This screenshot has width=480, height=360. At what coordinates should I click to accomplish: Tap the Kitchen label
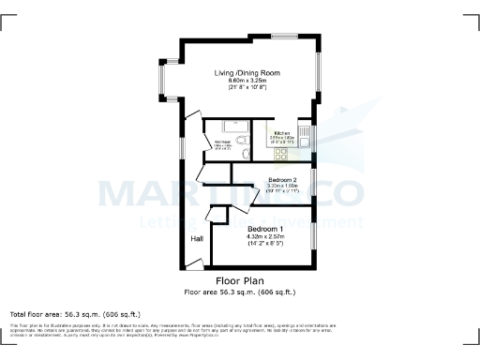280,134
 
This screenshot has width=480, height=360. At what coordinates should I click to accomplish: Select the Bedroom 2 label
282,180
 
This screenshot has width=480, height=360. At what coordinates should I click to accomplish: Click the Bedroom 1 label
265,229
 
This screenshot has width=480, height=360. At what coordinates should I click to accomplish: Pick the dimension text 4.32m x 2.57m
265,237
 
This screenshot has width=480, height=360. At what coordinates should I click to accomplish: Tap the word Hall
197,239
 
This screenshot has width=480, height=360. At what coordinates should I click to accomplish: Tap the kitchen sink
305,131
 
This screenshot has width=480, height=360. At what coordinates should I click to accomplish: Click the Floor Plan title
240,280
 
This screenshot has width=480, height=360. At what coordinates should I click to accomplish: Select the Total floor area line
75,313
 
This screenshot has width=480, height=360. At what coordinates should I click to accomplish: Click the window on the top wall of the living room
287,37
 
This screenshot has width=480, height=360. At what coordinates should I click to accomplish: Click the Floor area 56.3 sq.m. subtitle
240,292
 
